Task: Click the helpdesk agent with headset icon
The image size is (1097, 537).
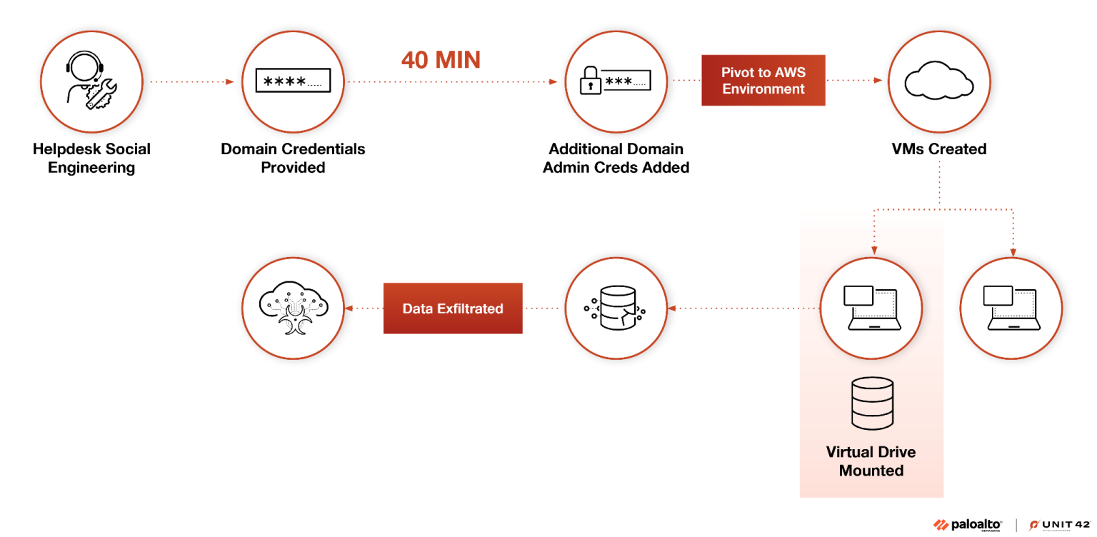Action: (91, 80)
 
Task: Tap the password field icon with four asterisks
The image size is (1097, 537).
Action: (293, 81)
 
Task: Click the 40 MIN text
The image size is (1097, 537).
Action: (441, 60)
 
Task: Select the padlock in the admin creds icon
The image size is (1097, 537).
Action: (590, 81)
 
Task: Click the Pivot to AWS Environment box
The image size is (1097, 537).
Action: (763, 80)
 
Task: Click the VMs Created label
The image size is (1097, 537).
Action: (938, 149)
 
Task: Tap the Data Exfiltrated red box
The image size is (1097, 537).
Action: (453, 308)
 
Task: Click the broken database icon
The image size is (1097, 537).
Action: (615, 308)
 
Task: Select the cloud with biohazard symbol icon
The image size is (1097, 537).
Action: (293, 308)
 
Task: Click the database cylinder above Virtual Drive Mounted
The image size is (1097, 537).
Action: (872, 404)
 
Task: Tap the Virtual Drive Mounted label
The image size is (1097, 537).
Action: (871, 461)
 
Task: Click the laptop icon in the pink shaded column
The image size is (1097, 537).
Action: (871, 308)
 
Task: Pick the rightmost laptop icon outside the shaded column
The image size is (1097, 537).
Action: (1011, 308)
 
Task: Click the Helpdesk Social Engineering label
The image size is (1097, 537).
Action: (91, 159)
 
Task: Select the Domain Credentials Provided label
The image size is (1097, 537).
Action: (293, 159)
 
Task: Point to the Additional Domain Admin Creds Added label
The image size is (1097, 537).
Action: (616, 159)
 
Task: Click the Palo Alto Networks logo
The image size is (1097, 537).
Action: (968, 525)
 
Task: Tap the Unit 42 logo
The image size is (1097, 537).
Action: (1060, 525)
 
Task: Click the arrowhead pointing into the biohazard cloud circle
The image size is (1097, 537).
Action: (349, 308)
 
